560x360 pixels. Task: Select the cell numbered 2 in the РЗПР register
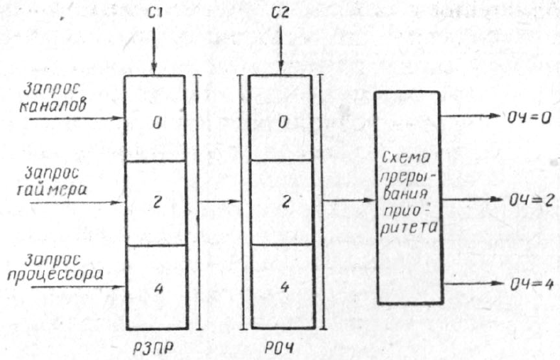(156, 202)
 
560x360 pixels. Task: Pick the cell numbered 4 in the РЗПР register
(156, 287)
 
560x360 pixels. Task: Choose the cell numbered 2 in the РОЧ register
(283, 202)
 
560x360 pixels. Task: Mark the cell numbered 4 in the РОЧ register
(283, 287)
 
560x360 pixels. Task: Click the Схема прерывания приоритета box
(408, 197)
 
